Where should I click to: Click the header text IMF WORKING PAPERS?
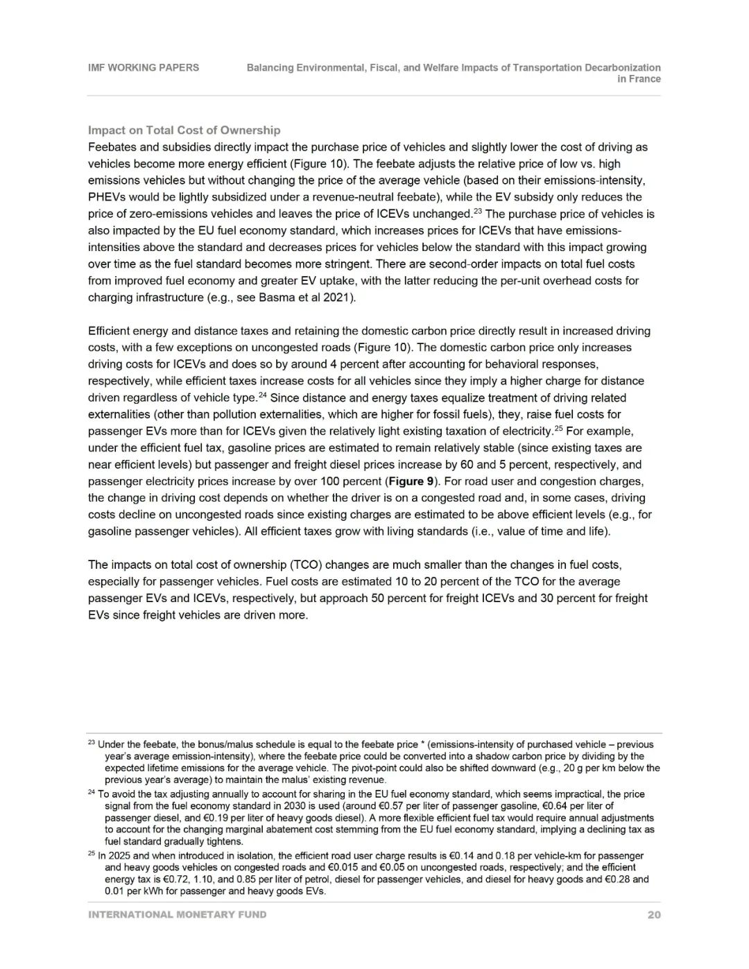coord(143,67)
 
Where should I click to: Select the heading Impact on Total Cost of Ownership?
coord(184,130)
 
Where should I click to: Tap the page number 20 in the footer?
coord(653,914)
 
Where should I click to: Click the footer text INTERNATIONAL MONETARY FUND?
coord(177,914)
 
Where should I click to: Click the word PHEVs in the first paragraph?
coord(105,197)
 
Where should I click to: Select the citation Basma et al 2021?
coord(312,298)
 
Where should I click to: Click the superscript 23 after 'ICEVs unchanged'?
coord(477,210)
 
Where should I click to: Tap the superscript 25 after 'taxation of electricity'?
coord(558,427)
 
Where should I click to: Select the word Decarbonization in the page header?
coord(622,67)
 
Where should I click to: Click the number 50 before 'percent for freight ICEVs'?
coord(377,598)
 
